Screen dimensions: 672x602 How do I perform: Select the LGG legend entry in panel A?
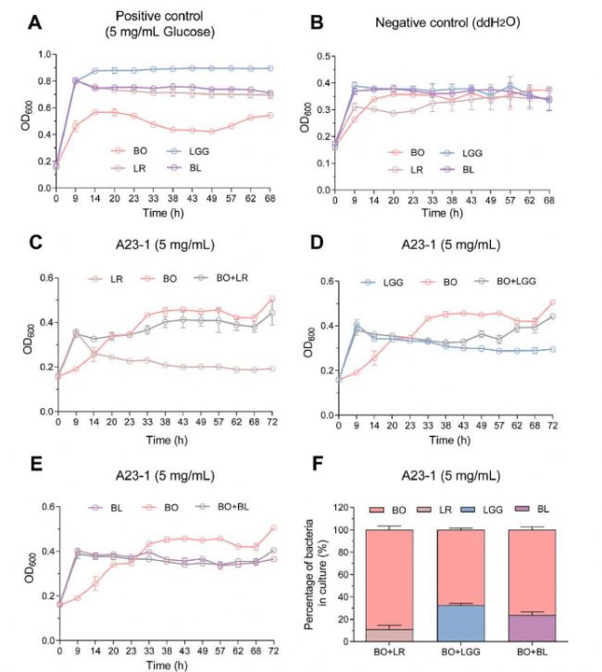pyautogui.click(x=186, y=149)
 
